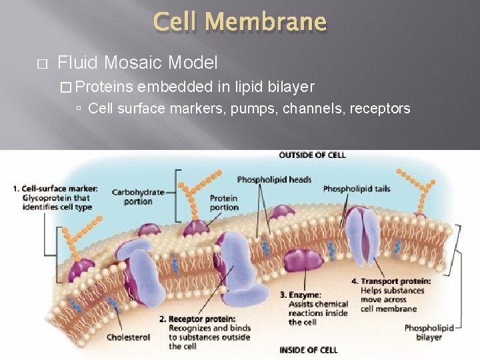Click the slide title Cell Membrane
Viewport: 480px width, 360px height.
(x=240, y=23)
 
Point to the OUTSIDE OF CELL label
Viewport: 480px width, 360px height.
(x=312, y=155)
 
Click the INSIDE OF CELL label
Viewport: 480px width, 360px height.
(x=309, y=350)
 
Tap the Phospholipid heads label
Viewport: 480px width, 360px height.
(x=274, y=180)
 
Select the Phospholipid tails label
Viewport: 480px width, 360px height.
(x=357, y=189)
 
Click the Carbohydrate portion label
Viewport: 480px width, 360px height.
(x=138, y=197)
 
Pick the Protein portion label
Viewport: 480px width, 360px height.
(x=224, y=203)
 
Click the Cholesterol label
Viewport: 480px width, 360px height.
(x=128, y=337)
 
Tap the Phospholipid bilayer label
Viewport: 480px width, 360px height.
(x=429, y=332)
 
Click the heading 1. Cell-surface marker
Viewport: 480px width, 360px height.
(x=55, y=189)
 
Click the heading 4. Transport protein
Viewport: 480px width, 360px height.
(x=391, y=281)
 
